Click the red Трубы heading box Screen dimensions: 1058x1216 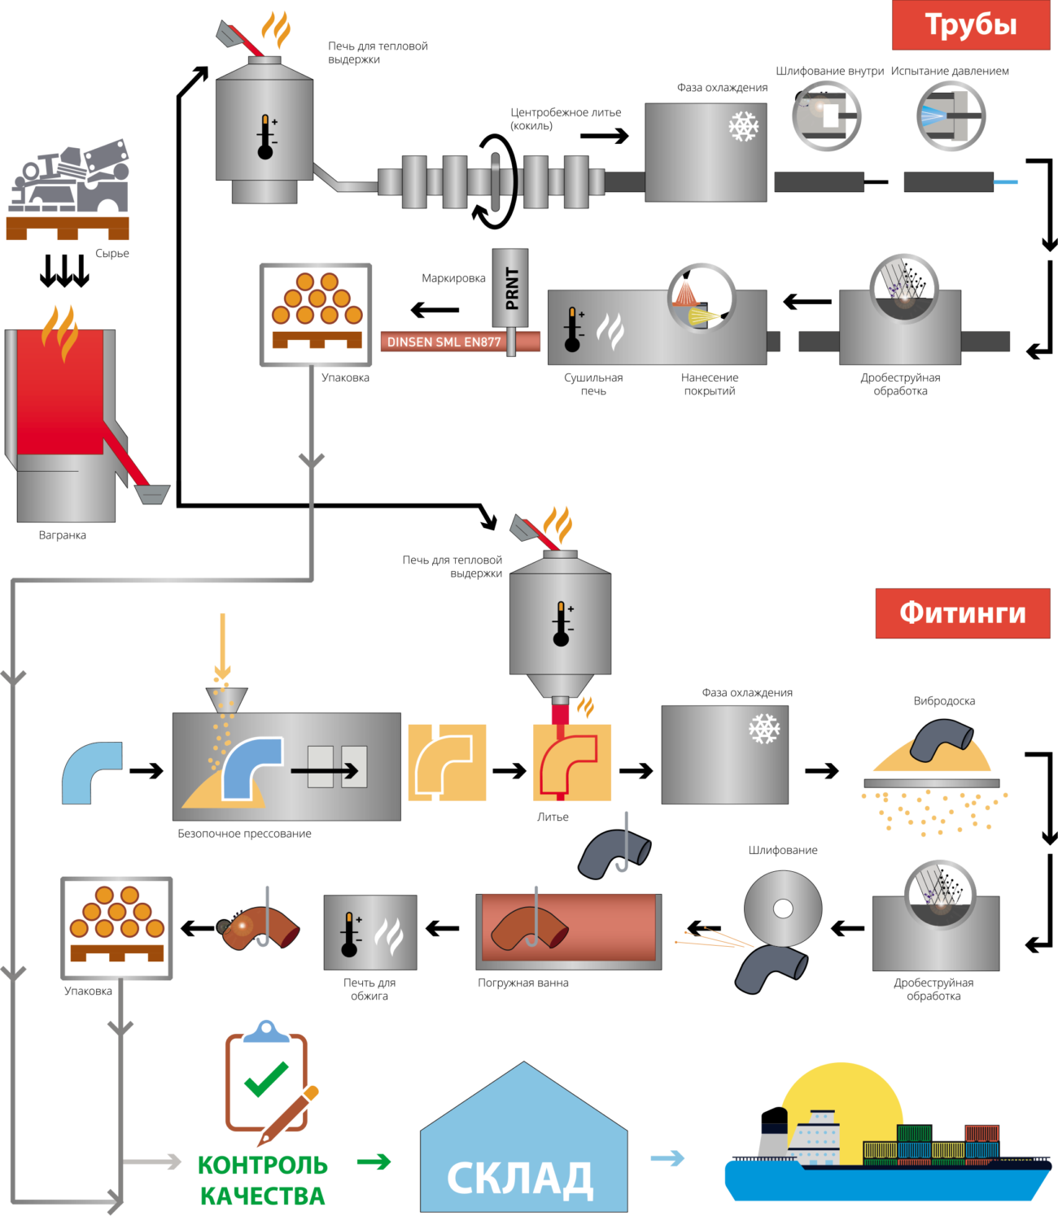(x=971, y=25)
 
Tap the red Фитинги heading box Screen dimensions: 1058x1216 (x=962, y=613)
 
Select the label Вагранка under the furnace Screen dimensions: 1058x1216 (x=63, y=535)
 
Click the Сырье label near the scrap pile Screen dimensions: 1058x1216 (x=111, y=253)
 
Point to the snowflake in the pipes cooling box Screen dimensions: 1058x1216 (x=743, y=126)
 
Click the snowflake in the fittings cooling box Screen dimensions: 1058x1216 (x=764, y=729)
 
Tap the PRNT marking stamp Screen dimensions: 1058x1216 (x=510, y=288)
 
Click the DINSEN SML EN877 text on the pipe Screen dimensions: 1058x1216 (x=444, y=342)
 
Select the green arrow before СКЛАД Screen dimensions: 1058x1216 (x=374, y=1162)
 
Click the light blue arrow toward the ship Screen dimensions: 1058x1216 (x=668, y=1157)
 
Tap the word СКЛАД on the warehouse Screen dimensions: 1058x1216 (x=520, y=1178)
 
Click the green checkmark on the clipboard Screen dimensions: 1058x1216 (x=266, y=1079)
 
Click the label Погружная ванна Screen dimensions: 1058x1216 (x=523, y=983)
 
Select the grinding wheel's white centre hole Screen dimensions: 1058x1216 (x=783, y=909)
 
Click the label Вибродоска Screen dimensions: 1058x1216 (x=944, y=700)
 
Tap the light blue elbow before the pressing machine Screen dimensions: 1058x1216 (x=91, y=773)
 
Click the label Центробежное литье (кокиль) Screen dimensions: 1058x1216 (x=566, y=119)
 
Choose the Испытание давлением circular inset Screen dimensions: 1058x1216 (x=951, y=115)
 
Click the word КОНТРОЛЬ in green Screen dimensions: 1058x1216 (x=262, y=1165)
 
